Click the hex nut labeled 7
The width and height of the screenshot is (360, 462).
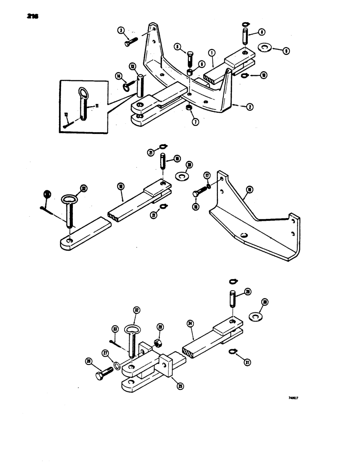click(189, 108)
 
